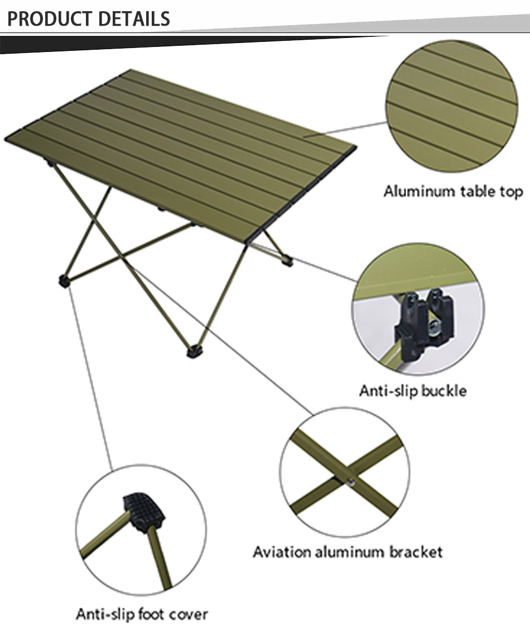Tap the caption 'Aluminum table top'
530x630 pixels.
pyautogui.click(x=452, y=192)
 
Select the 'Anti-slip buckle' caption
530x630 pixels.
pyautogui.click(x=412, y=390)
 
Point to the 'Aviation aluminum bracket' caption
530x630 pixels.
pyautogui.click(x=347, y=552)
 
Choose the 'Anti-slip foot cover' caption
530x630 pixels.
pyautogui.click(x=142, y=614)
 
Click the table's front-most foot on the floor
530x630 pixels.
pyautogui.click(x=194, y=351)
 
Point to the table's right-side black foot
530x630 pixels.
pyautogui.click(x=287, y=261)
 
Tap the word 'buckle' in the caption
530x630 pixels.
pyautogui.click(x=444, y=390)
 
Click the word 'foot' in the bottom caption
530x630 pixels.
pyautogui.click(x=151, y=614)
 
